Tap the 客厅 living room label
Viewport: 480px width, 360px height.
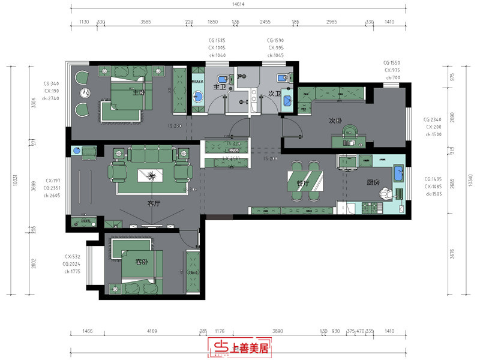pos(154,203)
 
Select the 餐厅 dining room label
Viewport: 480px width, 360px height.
pos(302,184)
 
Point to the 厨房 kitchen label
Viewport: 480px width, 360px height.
pos(373,182)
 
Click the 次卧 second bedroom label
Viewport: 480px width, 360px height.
pos(335,120)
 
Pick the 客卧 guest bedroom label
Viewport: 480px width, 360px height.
pos(141,262)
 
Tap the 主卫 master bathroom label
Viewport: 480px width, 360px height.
pos(219,86)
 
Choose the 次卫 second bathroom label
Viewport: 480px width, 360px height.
pos(274,93)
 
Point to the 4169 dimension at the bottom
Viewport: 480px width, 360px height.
pos(152,331)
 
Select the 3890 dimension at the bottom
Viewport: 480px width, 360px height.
pos(277,331)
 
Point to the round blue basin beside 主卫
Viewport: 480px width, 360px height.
pos(198,96)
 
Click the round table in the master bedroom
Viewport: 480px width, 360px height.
pos(85,93)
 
